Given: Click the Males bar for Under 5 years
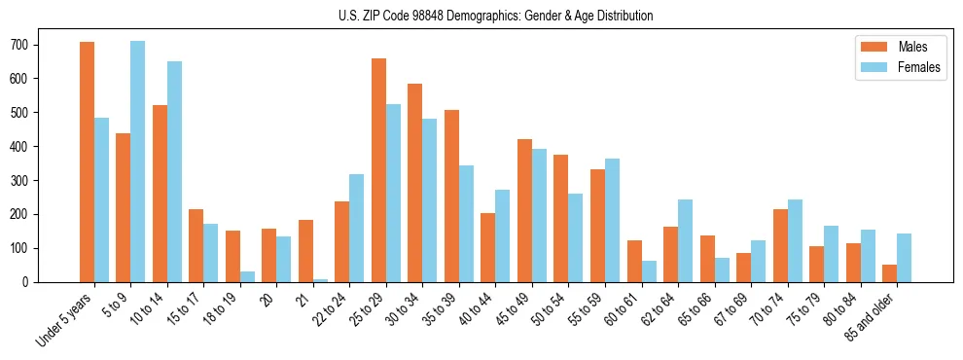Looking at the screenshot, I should [87, 162].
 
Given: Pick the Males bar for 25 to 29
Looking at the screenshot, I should [378, 170].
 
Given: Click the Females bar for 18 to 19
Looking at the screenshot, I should [247, 276].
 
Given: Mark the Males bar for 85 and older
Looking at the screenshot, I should [889, 273].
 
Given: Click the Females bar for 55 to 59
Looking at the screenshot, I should [612, 220].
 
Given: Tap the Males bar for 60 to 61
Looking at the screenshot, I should [634, 261].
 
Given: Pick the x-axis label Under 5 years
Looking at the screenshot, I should [64, 317].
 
